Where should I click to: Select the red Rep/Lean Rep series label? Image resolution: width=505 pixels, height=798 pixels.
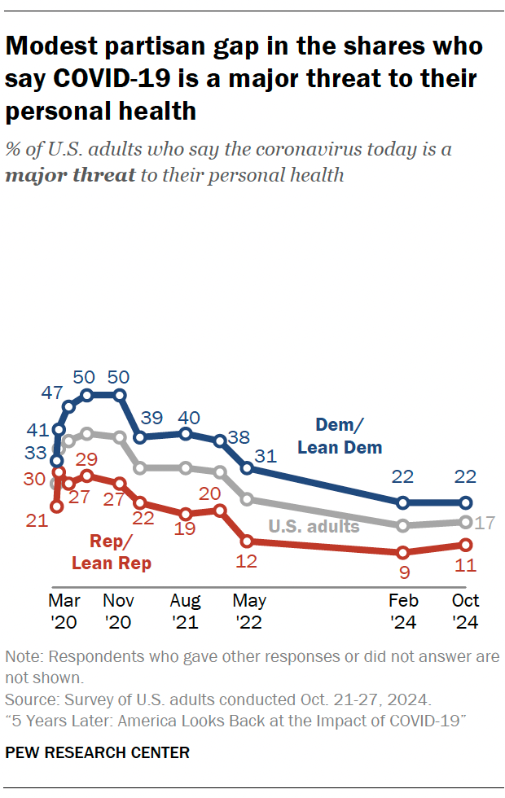point(112,551)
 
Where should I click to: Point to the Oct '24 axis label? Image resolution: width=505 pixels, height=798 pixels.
point(466,612)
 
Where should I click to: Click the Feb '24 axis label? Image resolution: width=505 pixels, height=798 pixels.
point(404,612)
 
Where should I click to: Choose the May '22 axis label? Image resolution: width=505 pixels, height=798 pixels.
point(248,612)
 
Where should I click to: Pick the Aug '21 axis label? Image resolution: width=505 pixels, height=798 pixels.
point(186,612)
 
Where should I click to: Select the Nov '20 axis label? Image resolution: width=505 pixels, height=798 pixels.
point(121,612)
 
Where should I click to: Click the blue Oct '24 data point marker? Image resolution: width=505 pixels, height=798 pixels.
point(466,502)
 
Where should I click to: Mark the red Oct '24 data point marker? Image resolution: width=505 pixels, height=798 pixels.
point(466,545)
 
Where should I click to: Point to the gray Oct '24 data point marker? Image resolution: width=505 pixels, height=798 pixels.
point(466,522)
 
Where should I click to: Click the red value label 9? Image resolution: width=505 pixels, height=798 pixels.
point(404,572)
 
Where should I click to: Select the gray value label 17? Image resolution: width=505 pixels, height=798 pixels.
point(486,523)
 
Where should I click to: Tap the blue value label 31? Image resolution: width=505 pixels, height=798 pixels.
point(265,457)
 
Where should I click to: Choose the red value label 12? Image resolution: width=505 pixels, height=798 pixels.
point(247,561)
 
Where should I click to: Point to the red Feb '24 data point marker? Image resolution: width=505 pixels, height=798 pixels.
point(402,552)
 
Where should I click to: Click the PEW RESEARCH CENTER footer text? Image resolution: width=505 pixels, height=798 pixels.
point(97,753)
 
